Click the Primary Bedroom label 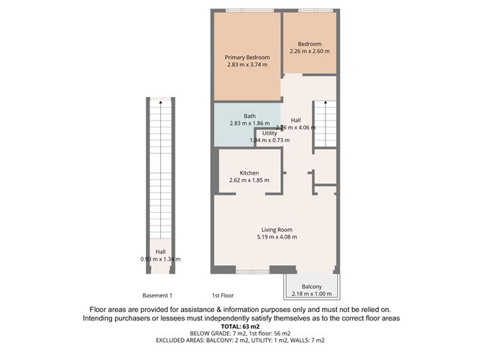coord(246,57)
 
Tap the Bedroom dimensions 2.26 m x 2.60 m coord(309,51)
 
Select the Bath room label coord(249,116)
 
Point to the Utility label coord(269,133)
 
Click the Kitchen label coord(249,172)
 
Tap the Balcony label coord(311,286)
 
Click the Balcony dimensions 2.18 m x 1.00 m coord(311,293)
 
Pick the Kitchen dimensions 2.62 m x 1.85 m coord(249,180)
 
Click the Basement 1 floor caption coord(157,295)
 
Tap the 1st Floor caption coord(222,295)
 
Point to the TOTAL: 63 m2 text coord(240,326)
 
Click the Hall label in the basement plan coord(161,251)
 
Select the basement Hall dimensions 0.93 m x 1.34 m coord(161,259)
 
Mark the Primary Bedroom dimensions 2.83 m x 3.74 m coord(246,65)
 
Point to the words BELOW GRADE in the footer coord(212,333)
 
